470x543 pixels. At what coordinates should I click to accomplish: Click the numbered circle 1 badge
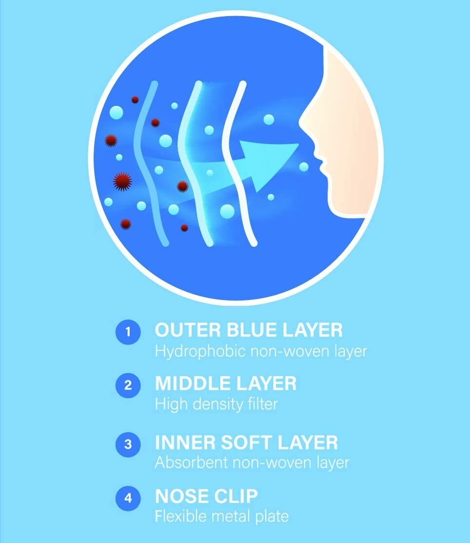click(x=128, y=332)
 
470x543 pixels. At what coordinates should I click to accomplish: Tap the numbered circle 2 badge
click(x=128, y=385)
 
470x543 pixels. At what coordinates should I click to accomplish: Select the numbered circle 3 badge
click(x=128, y=444)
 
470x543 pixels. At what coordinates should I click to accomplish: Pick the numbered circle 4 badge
click(x=128, y=498)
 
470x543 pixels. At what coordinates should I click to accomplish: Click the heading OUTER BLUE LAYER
click(x=249, y=330)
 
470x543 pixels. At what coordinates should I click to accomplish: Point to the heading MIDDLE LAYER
click(x=226, y=383)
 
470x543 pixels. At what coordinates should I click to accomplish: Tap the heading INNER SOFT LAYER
click(x=246, y=442)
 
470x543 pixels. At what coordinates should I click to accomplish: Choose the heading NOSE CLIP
click(x=206, y=496)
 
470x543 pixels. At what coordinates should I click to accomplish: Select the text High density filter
click(x=216, y=404)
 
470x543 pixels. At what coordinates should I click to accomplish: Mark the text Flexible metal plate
click(x=221, y=516)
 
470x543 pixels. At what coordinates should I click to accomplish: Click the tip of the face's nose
click(x=300, y=121)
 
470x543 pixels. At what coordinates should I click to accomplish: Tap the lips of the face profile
click(x=320, y=164)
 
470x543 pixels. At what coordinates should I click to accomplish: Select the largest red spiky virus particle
click(x=122, y=181)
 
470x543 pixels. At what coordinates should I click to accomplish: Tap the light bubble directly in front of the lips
click(x=304, y=167)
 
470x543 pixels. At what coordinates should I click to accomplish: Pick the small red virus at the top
click(x=135, y=100)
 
